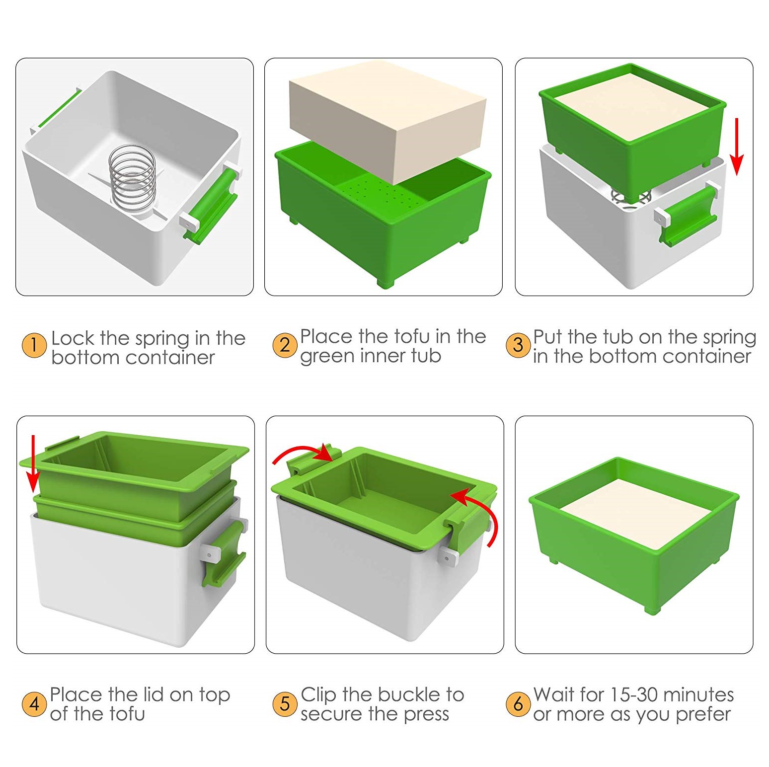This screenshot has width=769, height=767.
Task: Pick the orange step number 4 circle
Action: (34, 703)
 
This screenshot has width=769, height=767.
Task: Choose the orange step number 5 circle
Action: (285, 703)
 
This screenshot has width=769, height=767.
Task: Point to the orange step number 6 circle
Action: (518, 703)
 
